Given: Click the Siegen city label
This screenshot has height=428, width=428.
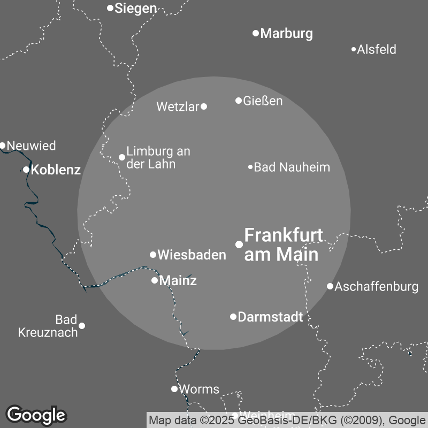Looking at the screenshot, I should point(136,9).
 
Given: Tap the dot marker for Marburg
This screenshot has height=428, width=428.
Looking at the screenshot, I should point(256,33).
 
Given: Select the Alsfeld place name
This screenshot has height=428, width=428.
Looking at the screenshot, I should point(377,50).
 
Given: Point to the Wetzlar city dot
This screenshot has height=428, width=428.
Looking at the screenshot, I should point(204,106).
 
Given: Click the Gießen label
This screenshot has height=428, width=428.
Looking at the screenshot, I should point(263,101).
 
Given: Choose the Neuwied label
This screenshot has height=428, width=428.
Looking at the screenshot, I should point(31,146).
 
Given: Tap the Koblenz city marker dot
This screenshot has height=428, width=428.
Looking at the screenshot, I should point(26,170).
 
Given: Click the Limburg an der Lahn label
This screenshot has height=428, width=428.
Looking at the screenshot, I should point(158,158).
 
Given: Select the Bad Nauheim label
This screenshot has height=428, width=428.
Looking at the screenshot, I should point(292,167).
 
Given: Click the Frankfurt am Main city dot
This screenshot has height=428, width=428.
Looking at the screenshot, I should point(239,244).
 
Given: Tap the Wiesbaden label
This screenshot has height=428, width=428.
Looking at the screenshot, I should point(192,255).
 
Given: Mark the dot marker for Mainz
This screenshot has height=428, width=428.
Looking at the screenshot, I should point(155,280).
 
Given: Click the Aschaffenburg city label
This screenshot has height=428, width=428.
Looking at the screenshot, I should point(376,287).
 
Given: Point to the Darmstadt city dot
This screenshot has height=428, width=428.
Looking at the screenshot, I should point(233,317).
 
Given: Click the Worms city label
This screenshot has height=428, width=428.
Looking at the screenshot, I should point(198,389).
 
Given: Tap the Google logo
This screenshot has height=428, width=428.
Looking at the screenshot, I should point(36,415).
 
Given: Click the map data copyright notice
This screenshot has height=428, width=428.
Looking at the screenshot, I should point(287,420).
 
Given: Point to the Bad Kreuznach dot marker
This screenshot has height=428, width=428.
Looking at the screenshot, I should point(82,325).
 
